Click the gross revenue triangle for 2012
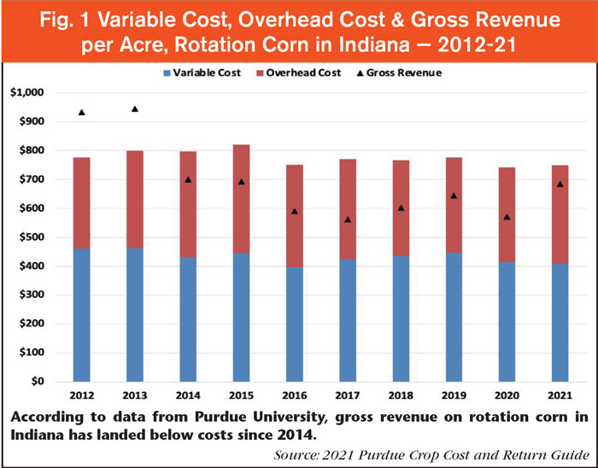[x=81, y=112]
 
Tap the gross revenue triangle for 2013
[x=135, y=108]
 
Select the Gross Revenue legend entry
[x=409, y=74]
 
